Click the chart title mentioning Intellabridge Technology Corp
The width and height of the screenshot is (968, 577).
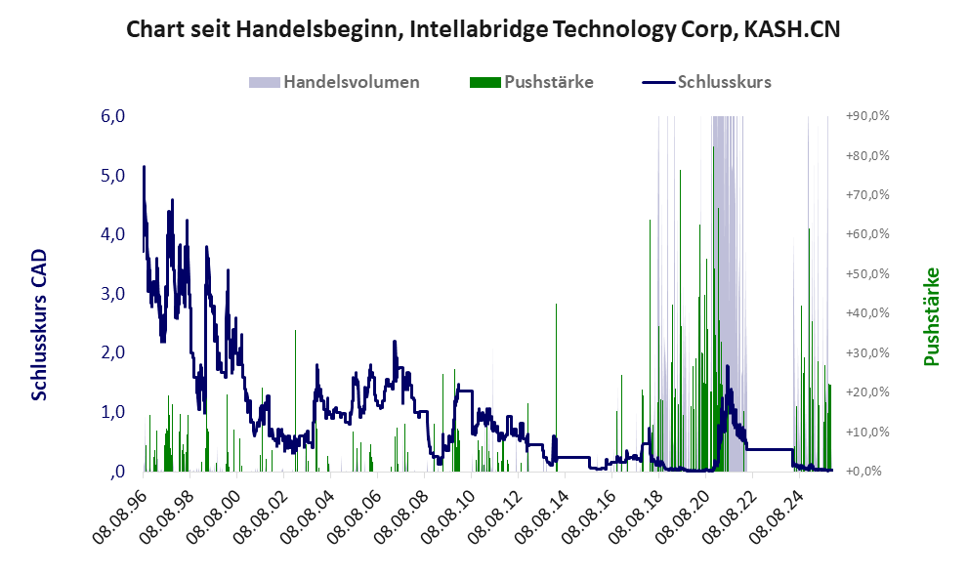coord(484,30)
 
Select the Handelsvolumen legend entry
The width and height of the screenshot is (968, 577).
coord(351,82)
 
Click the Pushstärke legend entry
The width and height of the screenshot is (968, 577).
coord(546,82)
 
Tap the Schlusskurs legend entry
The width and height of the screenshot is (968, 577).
coord(724,82)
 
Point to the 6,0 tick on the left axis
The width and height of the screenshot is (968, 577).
coord(113,116)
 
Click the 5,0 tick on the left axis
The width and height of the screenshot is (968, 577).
coord(113,176)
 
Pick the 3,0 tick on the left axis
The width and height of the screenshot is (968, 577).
coord(113,294)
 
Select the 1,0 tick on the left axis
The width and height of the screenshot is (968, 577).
coord(113,412)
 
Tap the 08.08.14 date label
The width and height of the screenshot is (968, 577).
coord(540,514)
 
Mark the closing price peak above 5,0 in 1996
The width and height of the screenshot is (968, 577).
coord(145,167)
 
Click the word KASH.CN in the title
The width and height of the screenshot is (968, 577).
coord(791,30)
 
